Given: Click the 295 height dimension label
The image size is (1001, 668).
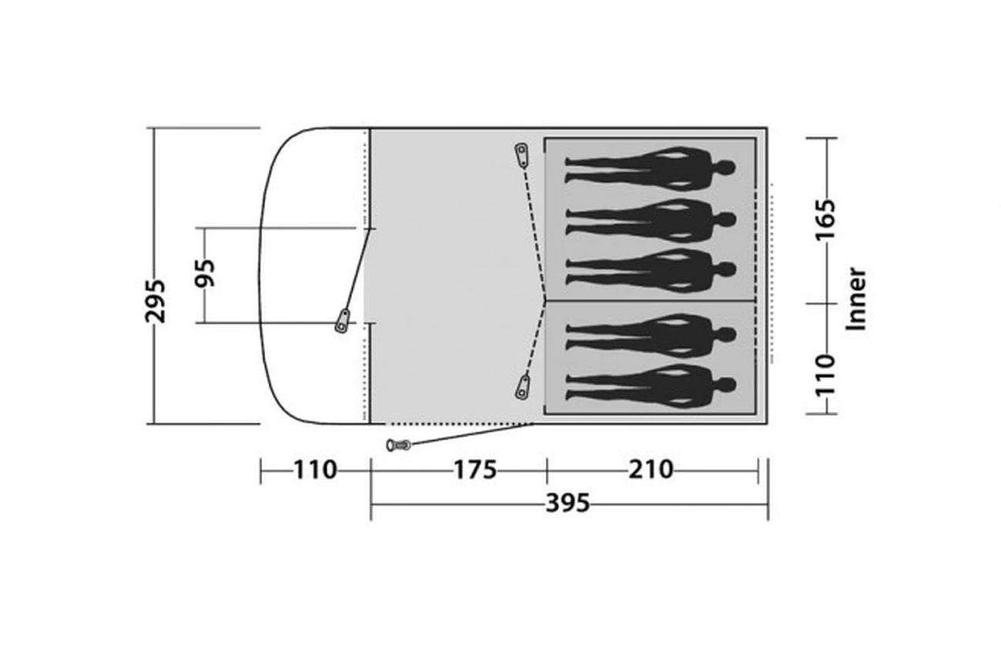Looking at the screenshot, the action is coord(155,301).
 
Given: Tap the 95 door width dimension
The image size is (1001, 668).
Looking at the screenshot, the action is coord(205,273).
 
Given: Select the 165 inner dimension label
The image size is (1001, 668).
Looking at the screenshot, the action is coord(825,220).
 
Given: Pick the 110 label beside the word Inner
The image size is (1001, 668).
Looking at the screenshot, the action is coord(825,375).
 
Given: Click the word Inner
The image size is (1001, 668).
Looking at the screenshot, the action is coord(856,299).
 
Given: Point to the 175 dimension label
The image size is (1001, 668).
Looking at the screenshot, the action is coord(475,470).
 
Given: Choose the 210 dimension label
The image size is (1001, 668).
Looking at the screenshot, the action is coord(651,469).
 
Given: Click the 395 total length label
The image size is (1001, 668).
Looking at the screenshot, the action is coord(567,503).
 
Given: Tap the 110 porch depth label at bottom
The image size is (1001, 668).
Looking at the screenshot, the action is coord(315,470).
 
